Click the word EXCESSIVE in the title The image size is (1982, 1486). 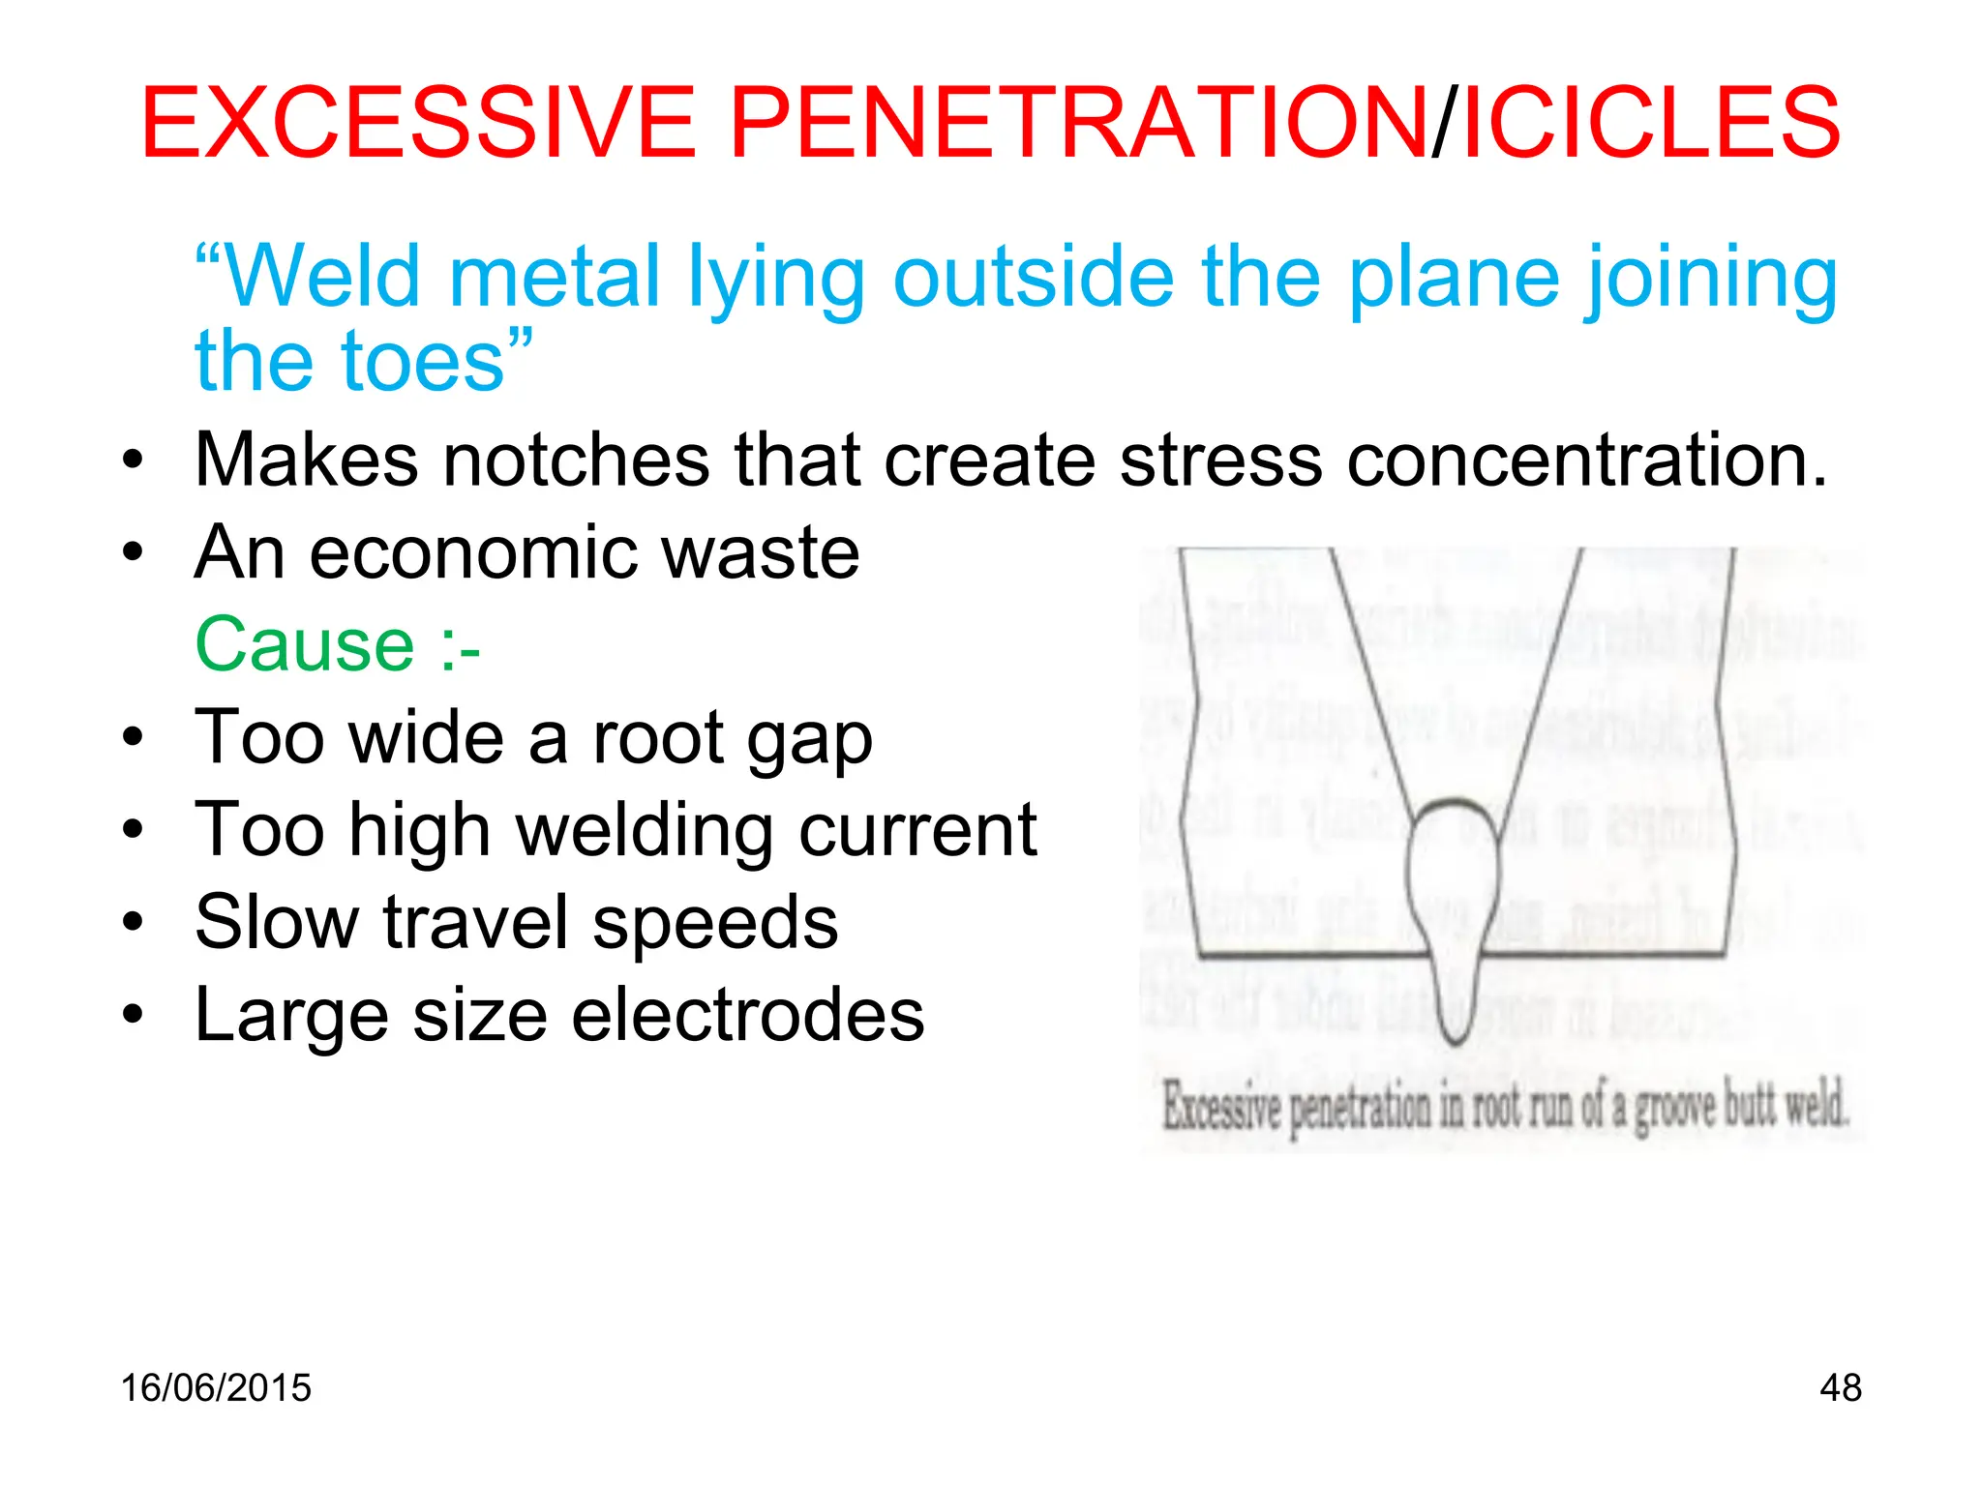coord(418,123)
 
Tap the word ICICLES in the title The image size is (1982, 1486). coord(1651,123)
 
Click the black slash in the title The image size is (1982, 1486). coord(1443,123)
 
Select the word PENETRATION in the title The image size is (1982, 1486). coord(1077,123)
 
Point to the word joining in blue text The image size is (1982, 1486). coord(1711,280)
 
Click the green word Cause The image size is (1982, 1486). coord(305,644)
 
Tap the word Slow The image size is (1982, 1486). coord(277,922)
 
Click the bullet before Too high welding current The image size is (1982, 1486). coord(134,830)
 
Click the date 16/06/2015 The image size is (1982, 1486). coord(216,1387)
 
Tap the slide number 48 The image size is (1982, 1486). coord(1840,1387)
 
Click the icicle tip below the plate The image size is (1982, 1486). coord(1455,1035)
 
